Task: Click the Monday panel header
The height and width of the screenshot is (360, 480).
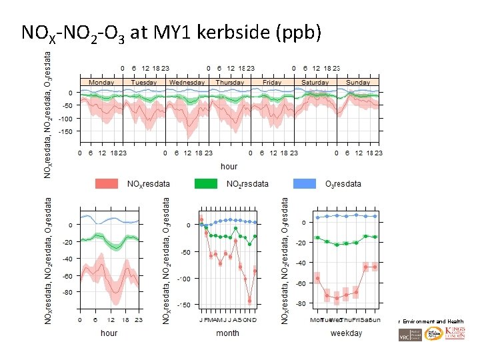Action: point(101,83)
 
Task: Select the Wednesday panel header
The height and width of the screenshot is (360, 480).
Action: point(187,83)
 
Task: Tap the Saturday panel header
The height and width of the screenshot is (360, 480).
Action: point(315,83)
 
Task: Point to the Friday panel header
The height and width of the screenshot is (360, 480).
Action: point(272,83)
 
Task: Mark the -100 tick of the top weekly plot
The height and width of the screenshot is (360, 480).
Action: point(65,119)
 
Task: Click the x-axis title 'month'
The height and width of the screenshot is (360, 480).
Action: point(227,333)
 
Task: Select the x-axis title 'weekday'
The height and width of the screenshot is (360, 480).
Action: point(346,333)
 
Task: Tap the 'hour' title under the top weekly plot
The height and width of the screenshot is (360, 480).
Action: point(229,166)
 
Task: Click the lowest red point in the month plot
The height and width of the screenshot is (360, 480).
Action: point(250,301)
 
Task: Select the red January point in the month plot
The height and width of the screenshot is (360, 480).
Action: point(201,219)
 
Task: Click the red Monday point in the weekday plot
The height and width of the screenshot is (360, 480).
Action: point(317,278)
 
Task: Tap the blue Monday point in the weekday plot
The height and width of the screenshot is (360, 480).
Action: point(317,217)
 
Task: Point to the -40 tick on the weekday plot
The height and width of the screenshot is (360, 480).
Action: point(301,263)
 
